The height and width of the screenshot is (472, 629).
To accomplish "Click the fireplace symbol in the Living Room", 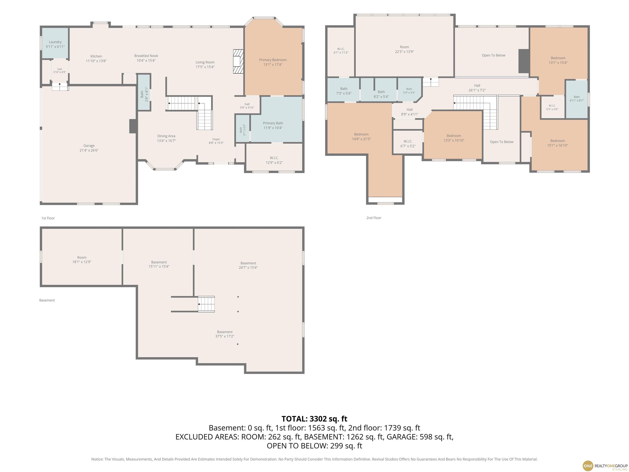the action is point(238,61).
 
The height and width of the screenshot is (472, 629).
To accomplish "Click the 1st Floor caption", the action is point(48,218).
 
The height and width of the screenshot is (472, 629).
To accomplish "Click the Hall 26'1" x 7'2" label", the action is point(477,88).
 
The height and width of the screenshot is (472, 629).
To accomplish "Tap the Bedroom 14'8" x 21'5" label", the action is point(361,137).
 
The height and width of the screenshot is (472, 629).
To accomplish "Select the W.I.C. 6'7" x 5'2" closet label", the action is point(408,144).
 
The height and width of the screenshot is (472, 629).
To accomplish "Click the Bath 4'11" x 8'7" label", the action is point(577,99).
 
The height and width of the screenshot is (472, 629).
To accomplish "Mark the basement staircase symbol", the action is point(206,304).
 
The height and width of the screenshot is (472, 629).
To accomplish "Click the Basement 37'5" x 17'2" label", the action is point(225,334).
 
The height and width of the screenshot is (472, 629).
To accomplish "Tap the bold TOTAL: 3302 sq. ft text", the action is point(314,419).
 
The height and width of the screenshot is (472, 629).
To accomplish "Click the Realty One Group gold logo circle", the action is point(588,466).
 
